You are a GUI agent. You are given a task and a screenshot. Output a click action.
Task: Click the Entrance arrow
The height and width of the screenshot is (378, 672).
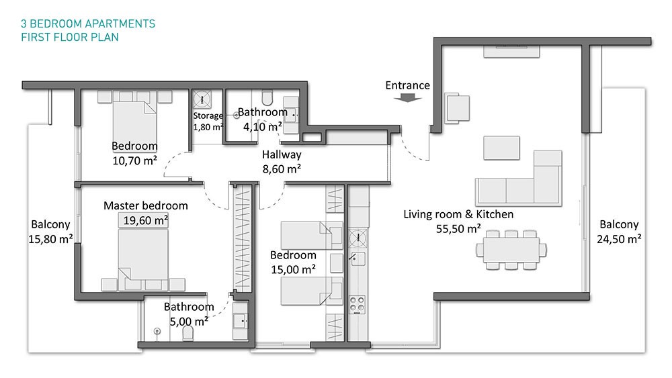click(408, 99)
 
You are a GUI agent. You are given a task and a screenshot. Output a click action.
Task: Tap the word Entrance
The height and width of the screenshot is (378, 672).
click(408, 86)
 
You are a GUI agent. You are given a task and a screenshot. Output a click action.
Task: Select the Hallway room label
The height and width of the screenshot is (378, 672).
click(282, 154)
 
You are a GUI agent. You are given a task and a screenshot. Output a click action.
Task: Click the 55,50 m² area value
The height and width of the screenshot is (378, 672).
click(458, 229)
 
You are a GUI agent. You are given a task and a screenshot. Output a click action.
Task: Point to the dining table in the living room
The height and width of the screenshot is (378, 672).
click(511, 250)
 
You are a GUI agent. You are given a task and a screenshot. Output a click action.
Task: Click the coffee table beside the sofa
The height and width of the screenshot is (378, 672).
click(501, 148)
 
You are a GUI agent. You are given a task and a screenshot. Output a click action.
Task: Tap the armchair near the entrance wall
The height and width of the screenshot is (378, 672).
click(457, 108)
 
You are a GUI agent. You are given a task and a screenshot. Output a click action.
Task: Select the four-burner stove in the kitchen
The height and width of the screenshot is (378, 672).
click(357, 304)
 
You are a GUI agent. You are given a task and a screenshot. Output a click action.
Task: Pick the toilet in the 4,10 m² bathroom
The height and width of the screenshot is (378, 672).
click(267, 97)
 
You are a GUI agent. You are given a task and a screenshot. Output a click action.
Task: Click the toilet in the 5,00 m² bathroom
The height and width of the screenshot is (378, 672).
click(187, 333)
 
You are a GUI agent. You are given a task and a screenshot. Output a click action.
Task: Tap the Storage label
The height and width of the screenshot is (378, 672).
click(208, 115)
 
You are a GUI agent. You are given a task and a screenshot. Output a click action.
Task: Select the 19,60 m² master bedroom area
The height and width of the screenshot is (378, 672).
click(145, 220)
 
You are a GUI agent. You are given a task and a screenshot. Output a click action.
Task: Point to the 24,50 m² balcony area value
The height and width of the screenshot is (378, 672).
click(619, 239)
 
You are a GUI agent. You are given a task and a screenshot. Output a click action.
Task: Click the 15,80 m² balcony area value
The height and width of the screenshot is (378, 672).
click(50, 239)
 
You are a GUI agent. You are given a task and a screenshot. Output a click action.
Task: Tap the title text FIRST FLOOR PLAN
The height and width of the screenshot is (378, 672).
click(70, 37)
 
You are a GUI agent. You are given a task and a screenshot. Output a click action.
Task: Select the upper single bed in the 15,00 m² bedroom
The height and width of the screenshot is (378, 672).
click(312, 235)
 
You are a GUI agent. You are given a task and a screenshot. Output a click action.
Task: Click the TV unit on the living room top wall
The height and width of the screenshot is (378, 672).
click(511, 51)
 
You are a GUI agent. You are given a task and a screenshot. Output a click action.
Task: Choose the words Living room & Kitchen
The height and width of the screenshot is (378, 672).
click(458, 214)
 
